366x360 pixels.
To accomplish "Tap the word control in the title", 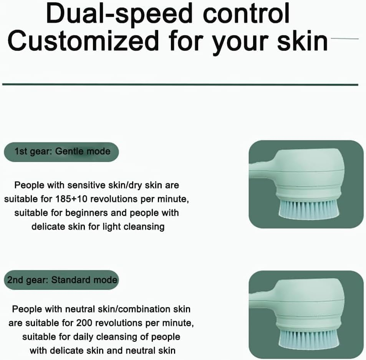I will pos(246,14).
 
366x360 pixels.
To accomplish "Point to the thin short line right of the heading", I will pos(344,39).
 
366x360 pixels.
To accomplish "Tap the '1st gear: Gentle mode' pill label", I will pos(62,151).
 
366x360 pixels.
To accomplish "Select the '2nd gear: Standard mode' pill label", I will pos(62,280).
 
